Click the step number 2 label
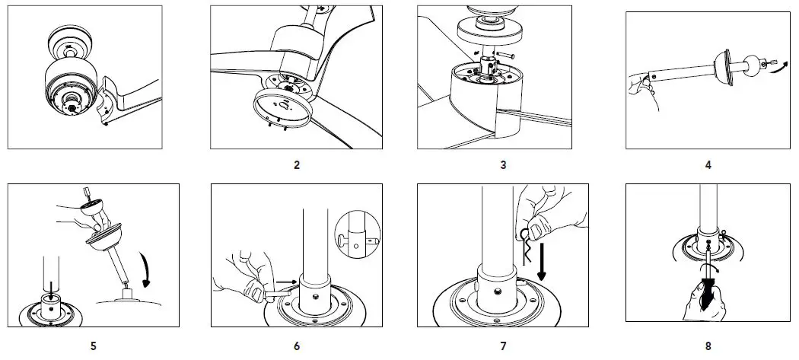point(297,164)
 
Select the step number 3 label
point(504,164)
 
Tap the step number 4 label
point(708,164)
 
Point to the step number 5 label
point(94,346)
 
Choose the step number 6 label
point(297,346)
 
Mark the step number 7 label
point(504,346)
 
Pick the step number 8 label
point(708,346)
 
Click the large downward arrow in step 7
point(541,261)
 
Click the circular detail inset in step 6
point(358,234)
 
